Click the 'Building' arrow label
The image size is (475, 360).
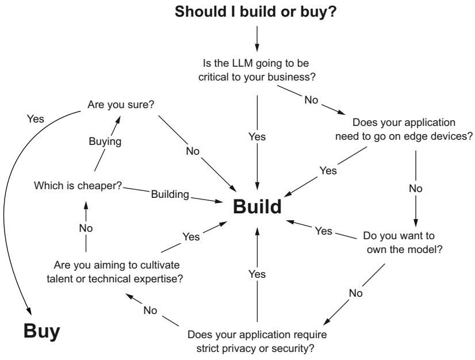[170, 194]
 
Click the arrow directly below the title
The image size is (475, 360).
[257, 39]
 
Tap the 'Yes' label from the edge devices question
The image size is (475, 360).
[328, 171]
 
